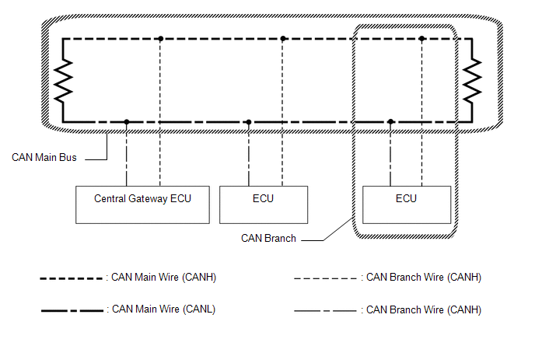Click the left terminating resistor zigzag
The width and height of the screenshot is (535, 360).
coord(64,81)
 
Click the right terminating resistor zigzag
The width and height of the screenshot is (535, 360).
coord(472,81)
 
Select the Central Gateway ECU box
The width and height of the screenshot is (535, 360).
coord(142,204)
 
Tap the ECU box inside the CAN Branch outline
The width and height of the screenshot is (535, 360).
coord(407,204)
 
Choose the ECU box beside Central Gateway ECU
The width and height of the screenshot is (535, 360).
coord(264,204)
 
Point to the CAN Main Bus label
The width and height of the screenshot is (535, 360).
coord(44,157)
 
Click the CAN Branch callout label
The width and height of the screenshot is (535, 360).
coord(268,238)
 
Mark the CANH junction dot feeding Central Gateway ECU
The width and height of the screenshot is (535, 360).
coord(160,39)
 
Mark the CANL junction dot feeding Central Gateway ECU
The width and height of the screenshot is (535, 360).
coord(127,122)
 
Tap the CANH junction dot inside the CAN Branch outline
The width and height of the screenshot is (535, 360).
coord(421,39)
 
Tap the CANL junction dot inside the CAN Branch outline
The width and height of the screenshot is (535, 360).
coord(390,122)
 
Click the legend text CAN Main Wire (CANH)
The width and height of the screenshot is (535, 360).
coord(164,277)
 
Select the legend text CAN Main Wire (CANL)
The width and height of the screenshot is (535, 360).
coord(164,309)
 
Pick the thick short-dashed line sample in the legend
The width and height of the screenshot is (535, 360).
coord(72,279)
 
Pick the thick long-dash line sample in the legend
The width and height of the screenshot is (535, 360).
coord(72,310)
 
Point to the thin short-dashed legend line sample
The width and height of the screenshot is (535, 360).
coord(325,278)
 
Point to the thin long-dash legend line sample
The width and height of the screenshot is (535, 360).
coord(325,311)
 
